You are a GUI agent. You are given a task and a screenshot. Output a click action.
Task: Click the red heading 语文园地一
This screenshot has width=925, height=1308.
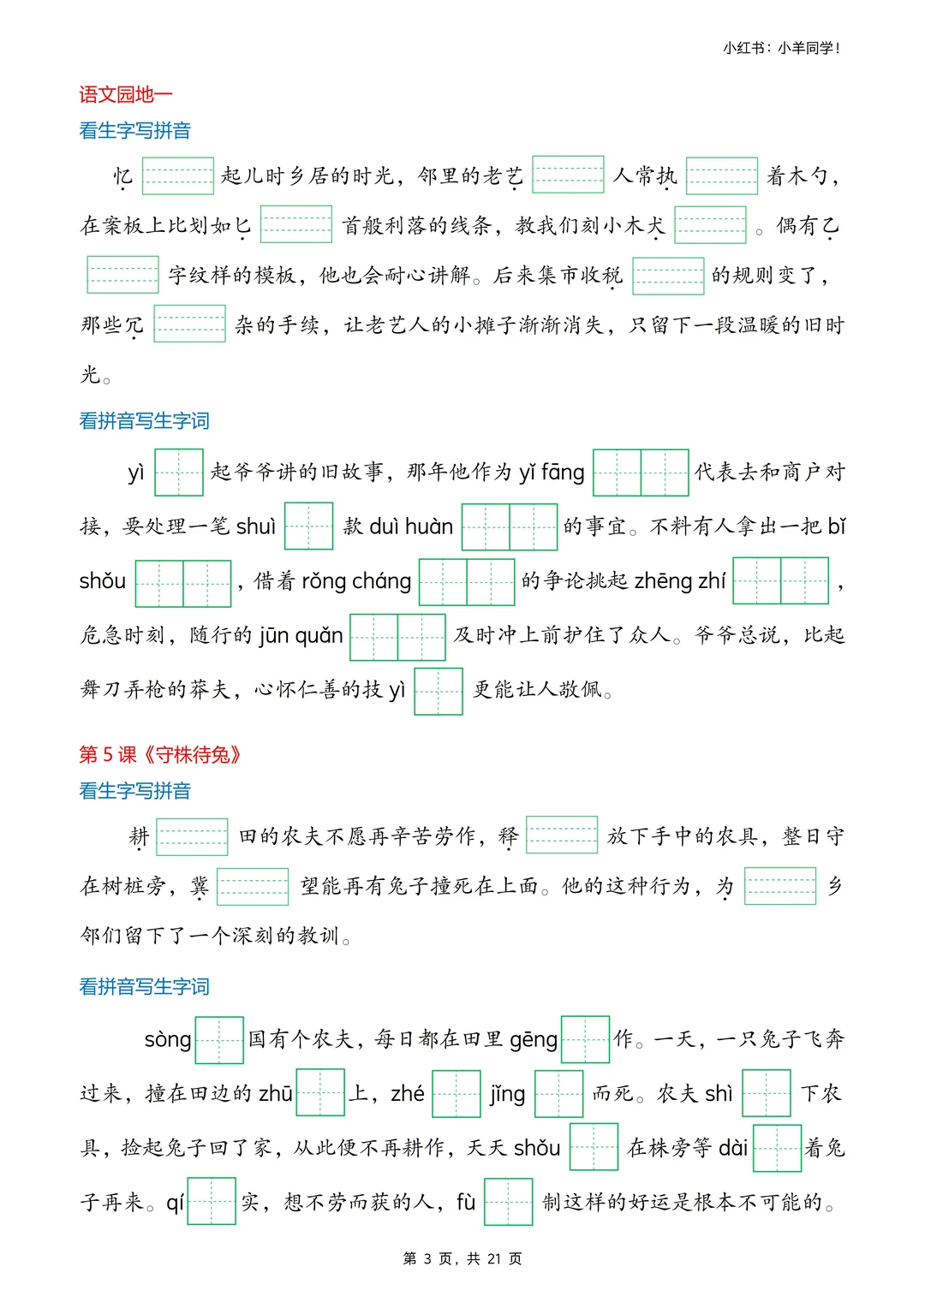click(126, 95)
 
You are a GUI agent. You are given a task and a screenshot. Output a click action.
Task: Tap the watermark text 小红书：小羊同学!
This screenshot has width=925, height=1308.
click(781, 48)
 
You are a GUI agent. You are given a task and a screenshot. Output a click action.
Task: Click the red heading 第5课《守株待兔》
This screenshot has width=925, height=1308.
click(160, 754)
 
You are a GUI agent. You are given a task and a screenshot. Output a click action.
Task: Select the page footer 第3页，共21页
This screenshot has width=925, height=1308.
click(462, 1258)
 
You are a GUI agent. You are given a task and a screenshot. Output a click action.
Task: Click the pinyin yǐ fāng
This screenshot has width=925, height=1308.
click(552, 473)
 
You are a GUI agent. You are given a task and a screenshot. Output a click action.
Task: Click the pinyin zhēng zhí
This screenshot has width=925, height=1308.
click(680, 581)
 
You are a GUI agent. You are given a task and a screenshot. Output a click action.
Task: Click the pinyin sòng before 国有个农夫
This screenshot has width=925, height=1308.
click(168, 1040)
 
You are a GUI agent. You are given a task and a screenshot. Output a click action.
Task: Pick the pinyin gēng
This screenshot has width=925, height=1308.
click(534, 1040)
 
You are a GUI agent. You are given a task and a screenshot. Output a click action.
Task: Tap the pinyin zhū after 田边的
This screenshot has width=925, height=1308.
click(276, 1094)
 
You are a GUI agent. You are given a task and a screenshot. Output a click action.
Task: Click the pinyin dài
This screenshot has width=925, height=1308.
click(732, 1148)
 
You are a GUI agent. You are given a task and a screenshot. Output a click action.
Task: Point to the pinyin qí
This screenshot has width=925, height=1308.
click(175, 1203)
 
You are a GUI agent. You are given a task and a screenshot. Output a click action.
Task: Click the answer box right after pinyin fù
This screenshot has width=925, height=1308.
click(508, 1202)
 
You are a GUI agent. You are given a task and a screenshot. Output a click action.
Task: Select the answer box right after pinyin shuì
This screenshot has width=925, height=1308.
click(308, 526)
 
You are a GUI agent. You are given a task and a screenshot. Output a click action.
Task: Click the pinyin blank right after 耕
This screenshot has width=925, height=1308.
click(193, 837)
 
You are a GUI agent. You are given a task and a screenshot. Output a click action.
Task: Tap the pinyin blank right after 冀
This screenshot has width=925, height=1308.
click(253, 887)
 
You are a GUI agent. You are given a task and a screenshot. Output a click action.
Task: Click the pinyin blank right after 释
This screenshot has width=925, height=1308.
click(562, 835)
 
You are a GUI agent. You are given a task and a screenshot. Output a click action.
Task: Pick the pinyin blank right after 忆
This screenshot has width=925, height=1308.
click(177, 176)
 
